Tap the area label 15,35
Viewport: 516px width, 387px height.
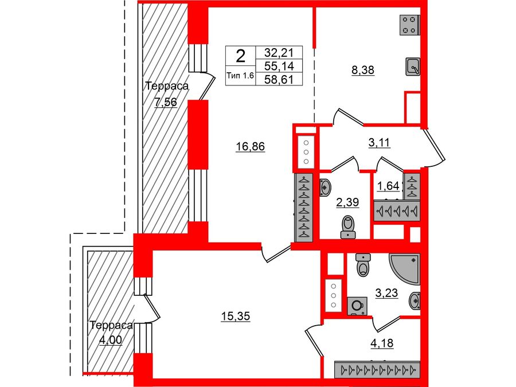tap(237, 315)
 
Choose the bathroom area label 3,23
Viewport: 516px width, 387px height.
tap(387, 293)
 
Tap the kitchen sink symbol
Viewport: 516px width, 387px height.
tap(413, 67)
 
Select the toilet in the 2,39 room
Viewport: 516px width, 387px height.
tap(347, 228)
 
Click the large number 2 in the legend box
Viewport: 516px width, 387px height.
tap(241, 56)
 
